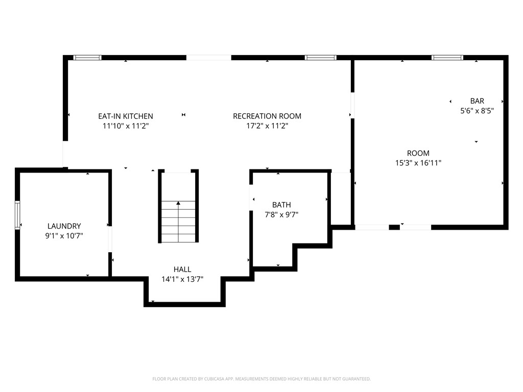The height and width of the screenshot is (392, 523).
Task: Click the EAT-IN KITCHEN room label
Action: pos(125,116)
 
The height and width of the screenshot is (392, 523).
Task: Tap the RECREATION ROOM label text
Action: pos(267,116)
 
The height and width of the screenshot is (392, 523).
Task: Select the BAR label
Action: pos(477,101)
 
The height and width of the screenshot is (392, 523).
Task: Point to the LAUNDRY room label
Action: pos(64,226)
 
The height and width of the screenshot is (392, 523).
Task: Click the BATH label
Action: pos(281,205)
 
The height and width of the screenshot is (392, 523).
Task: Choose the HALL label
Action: pos(182,269)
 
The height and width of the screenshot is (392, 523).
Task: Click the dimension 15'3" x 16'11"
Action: pos(418,163)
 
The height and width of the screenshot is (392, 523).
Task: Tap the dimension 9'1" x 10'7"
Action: pos(64,236)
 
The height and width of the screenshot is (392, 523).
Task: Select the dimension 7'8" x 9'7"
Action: pos(281,215)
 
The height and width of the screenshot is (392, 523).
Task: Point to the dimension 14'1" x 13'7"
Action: pos(182,279)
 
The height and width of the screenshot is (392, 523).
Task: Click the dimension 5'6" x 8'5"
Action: pos(477,110)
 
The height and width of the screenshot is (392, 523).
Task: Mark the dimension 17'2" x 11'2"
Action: pos(267,126)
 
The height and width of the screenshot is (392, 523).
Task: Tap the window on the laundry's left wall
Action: pos(17,215)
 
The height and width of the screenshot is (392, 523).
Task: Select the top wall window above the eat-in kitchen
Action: pos(87,58)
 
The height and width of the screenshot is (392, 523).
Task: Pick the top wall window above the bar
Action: pos(447,58)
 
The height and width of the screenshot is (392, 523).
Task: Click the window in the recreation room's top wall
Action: pos(320,58)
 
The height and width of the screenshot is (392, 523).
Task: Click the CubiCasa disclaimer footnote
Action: pos(261,379)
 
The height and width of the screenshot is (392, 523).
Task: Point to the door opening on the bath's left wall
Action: pos(251,197)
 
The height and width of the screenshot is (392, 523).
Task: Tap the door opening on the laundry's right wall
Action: pos(110,239)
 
